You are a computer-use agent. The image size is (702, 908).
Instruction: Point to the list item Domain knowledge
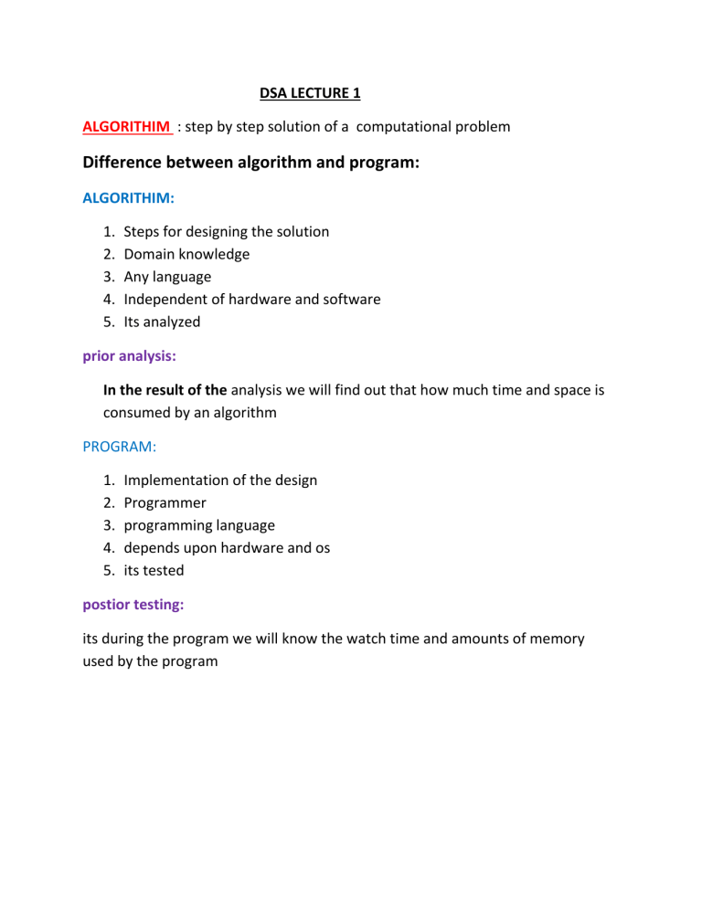[x=186, y=254]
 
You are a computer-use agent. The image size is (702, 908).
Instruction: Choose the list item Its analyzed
[x=162, y=322]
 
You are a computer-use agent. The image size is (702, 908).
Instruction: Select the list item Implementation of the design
[x=220, y=480]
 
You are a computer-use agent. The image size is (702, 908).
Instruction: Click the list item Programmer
[x=165, y=502]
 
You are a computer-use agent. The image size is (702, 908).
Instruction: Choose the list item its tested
[x=154, y=570]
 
